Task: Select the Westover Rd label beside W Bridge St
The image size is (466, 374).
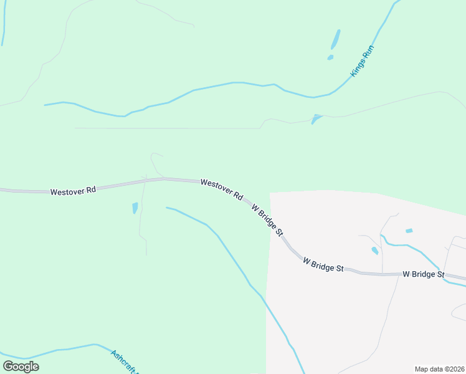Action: (221, 189)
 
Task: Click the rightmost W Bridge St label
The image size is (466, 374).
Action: (423, 274)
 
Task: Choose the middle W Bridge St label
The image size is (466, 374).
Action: (323, 264)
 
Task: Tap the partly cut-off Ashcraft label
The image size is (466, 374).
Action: (125, 362)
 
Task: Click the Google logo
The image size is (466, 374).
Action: (21, 366)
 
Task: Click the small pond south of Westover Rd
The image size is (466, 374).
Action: (135, 208)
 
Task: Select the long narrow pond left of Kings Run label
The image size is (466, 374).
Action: (336, 39)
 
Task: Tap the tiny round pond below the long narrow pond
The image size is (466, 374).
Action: (330, 57)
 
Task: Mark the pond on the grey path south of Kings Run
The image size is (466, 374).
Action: (316, 118)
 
